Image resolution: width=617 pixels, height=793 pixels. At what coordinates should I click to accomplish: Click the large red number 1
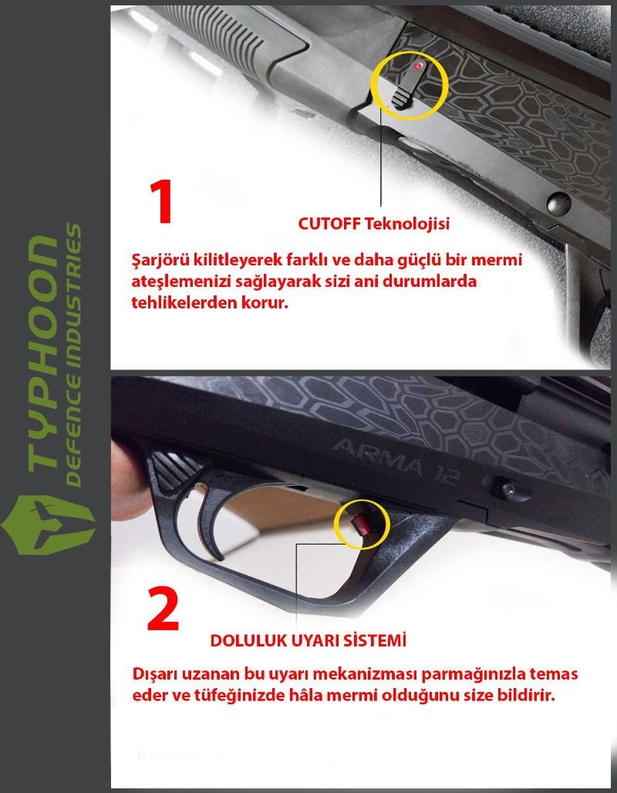[162, 201]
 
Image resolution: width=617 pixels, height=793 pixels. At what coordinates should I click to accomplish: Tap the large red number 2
[163, 609]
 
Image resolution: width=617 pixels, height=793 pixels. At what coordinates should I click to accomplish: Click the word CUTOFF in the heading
[329, 224]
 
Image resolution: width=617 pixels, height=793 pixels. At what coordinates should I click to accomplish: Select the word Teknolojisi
[407, 224]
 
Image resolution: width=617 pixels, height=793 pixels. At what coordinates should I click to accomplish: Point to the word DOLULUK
[248, 640]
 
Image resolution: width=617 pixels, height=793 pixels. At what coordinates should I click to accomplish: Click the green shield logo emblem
[49, 525]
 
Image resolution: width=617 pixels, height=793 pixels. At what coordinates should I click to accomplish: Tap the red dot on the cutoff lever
[418, 66]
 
